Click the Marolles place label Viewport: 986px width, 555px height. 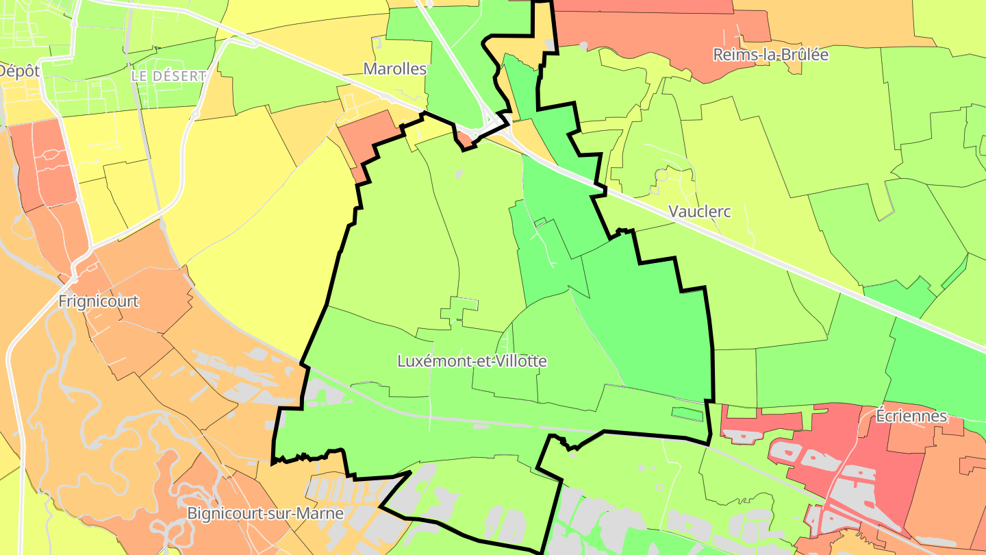395,69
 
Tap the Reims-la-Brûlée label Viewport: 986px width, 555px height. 770,55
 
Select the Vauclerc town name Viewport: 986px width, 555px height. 699,212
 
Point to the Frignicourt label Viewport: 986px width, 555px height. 99,301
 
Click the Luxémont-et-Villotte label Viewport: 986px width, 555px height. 472,361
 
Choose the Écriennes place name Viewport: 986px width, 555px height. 911,416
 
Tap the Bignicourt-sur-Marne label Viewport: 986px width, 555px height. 266,513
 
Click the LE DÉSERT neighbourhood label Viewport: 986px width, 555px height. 168,76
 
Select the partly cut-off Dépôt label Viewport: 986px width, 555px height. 19,71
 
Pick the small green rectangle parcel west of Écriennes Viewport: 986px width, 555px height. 687,414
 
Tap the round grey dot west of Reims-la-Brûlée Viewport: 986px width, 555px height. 583,46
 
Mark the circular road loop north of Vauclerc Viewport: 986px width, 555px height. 661,175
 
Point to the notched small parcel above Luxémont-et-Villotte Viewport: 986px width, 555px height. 459,310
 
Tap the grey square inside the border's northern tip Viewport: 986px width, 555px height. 549,45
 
